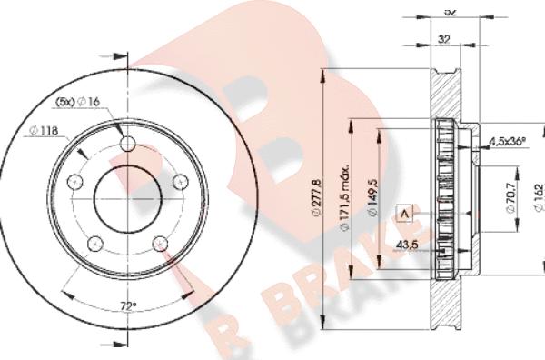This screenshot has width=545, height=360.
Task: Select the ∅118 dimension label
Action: [x=44, y=131]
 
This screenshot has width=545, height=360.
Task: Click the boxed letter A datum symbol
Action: [x=405, y=214]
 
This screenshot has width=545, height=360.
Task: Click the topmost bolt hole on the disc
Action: [x=126, y=142]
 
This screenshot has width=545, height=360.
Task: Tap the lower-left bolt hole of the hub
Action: [x=93, y=243]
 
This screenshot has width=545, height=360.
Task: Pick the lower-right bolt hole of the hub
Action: [x=161, y=243]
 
